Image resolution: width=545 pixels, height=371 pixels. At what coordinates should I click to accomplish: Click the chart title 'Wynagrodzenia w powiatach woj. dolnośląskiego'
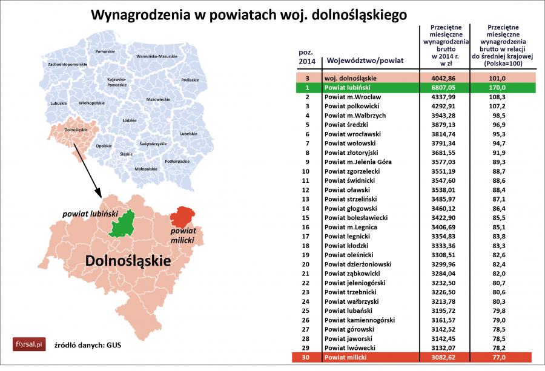coord(248,14)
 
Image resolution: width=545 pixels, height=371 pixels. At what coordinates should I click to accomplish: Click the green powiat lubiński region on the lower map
coord(124,224)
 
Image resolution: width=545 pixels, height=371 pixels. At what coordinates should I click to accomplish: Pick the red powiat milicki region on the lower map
coord(182,217)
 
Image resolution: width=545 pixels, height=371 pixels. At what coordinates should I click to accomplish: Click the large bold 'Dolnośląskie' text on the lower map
coord(128,261)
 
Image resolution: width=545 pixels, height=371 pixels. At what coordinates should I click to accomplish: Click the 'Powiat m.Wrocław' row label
coord(352,97)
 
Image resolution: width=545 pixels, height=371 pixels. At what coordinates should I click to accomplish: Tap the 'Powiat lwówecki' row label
coord(349,349)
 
